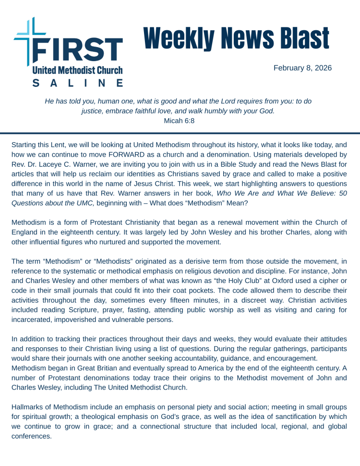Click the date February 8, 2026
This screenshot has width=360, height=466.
302,68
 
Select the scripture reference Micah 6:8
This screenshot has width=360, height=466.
179,121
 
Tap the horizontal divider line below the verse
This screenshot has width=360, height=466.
180,133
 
